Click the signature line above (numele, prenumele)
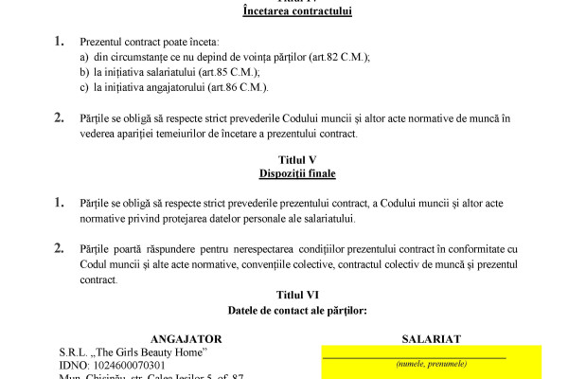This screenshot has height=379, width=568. point(414,356)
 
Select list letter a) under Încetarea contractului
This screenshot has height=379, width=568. point(84,57)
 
